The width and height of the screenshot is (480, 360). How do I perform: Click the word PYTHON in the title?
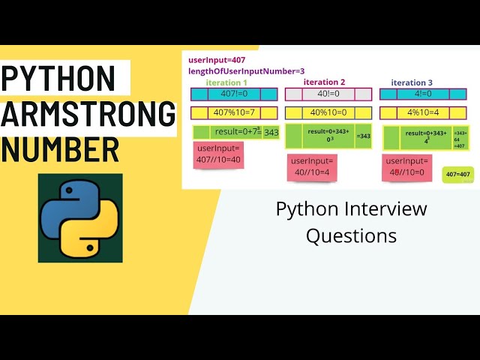click(x=58, y=78)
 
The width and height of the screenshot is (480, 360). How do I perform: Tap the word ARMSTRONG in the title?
click(x=88, y=113)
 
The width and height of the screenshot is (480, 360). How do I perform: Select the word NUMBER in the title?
click(x=60, y=148)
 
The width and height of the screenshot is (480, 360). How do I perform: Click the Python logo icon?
click(x=80, y=218)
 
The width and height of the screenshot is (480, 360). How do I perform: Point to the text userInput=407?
click(x=217, y=60)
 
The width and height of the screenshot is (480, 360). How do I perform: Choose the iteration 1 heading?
click(x=226, y=82)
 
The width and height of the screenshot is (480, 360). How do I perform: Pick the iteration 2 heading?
click(x=325, y=82)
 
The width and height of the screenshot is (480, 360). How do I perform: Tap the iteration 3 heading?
click(x=412, y=82)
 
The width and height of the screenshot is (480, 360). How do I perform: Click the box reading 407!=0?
click(x=234, y=94)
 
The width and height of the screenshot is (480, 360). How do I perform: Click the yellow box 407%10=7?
click(x=234, y=113)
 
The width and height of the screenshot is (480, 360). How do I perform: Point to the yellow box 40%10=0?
click(x=327, y=113)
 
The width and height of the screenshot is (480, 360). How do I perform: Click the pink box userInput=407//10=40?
click(x=218, y=154)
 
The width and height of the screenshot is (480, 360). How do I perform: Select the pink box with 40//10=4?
click(x=311, y=167)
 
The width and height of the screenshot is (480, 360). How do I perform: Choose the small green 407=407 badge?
click(x=457, y=175)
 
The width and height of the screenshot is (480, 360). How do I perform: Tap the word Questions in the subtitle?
click(x=351, y=235)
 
